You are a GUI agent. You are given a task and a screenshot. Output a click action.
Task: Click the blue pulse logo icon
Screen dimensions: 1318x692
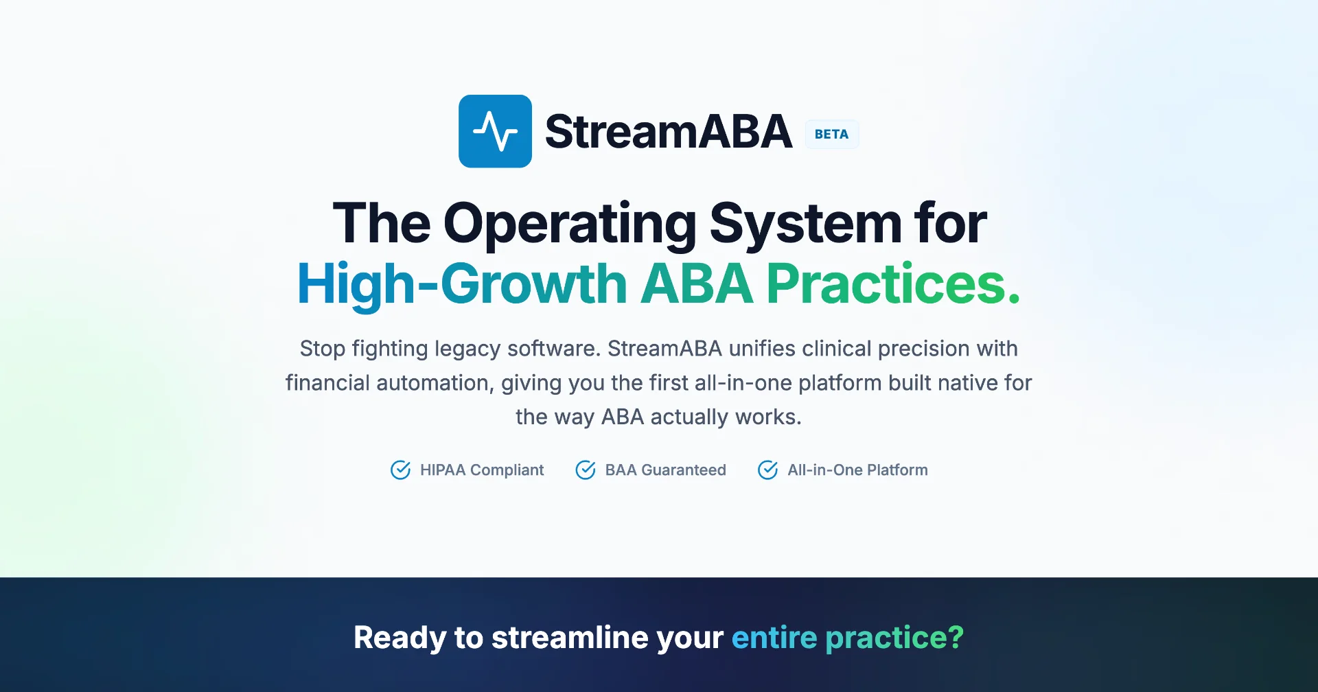pos(495,131)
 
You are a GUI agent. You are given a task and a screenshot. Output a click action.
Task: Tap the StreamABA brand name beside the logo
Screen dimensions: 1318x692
pos(669,131)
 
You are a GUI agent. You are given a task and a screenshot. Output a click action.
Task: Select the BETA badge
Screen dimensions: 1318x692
pos(831,134)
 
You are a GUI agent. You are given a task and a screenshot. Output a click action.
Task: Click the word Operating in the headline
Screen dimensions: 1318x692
pos(570,224)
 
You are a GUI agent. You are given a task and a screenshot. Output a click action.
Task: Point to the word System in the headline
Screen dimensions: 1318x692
pos(805,224)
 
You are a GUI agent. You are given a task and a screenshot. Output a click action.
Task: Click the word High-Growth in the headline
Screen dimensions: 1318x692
pos(462,284)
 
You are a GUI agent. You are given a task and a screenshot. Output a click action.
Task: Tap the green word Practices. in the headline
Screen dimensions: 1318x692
pos(893,283)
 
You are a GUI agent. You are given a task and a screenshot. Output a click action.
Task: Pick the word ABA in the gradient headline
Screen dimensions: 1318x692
pos(697,283)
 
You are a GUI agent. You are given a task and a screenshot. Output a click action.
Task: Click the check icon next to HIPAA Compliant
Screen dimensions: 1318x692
pos(401,470)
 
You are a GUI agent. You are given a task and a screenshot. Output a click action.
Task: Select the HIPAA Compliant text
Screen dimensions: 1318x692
pos(482,470)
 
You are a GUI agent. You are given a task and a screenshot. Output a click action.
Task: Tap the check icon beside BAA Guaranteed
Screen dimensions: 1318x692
pos(586,470)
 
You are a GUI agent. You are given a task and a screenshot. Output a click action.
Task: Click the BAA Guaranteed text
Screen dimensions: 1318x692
pos(665,470)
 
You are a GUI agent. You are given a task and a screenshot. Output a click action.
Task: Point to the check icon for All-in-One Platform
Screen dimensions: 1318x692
pos(768,470)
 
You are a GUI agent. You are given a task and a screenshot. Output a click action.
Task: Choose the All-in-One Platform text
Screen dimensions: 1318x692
pos(857,470)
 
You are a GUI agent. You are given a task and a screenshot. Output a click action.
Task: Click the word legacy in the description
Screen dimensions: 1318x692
pos(468,349)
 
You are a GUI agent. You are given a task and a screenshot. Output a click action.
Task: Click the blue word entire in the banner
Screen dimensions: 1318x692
pos(774,638)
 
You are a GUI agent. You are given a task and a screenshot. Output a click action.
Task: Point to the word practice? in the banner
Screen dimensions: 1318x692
pos(894,638)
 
